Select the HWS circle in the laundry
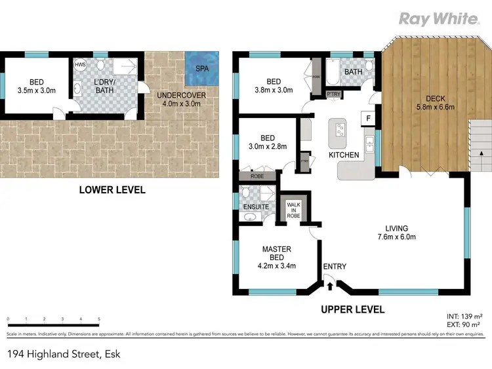coord(80,66)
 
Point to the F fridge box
coord(369,118)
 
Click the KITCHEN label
coord(344,155)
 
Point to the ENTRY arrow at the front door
coord(330,283)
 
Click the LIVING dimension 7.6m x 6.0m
coord(400,237)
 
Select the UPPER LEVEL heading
coord(353,309)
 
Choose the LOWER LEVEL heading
coord(112,190)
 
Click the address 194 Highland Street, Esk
coord(64,355)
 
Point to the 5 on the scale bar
coord(98,319)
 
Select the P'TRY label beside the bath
coord(333,94)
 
